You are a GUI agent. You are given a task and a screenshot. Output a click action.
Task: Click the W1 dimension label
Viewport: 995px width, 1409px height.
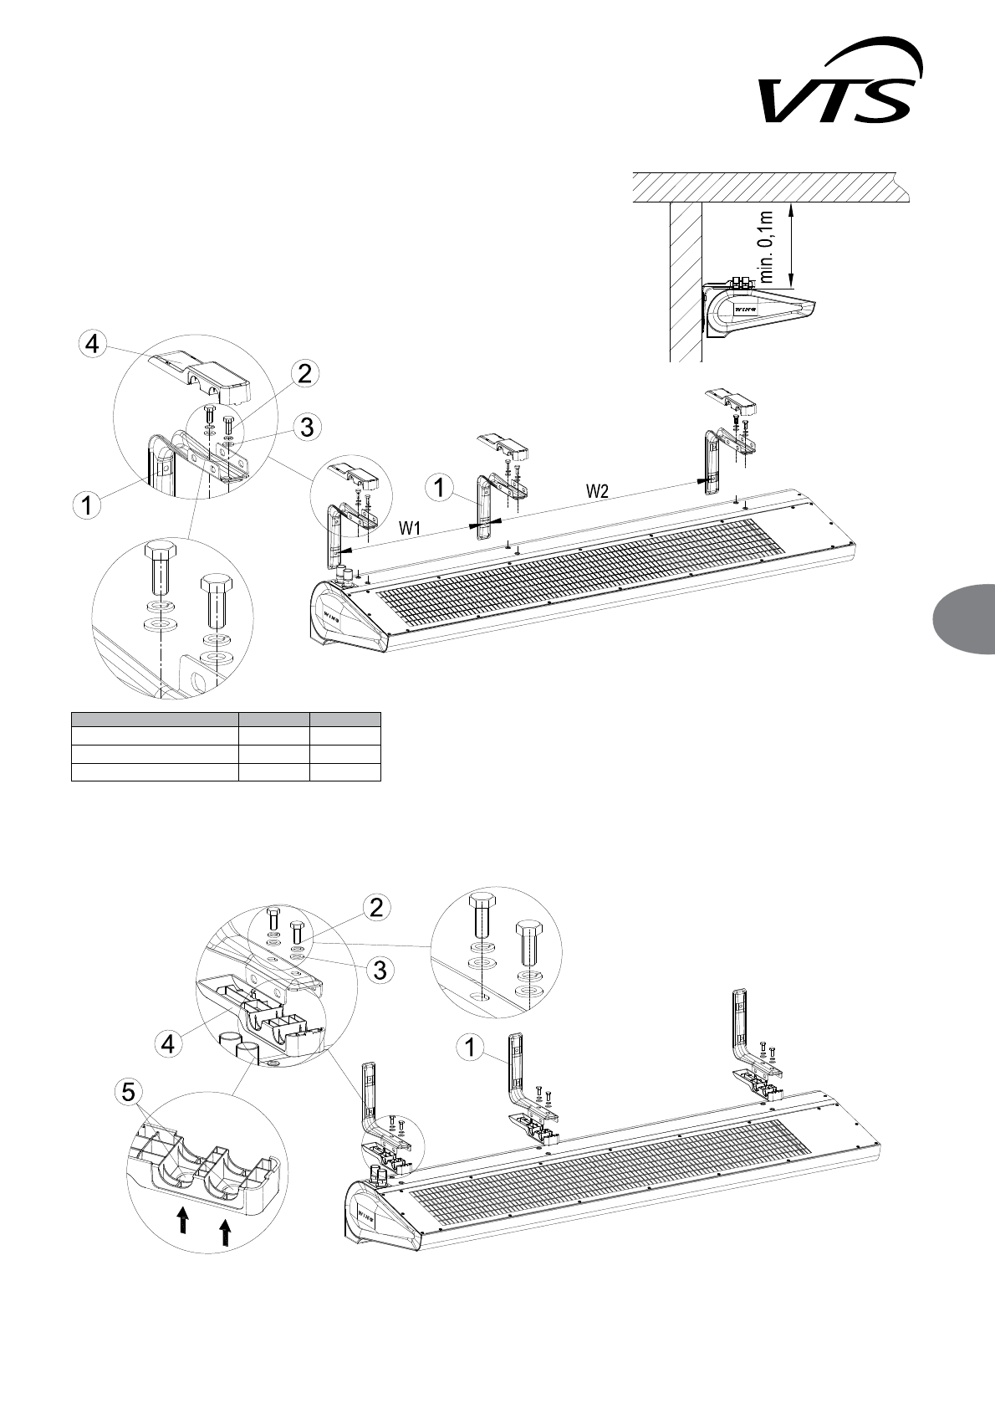(409, 528)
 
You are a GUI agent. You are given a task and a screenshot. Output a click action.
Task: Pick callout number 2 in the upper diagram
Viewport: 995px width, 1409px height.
(305, 374)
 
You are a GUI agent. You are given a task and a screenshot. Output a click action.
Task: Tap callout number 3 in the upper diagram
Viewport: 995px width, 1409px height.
(307, 427)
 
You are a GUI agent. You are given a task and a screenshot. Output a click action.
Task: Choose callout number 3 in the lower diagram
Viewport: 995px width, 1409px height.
(379, 970)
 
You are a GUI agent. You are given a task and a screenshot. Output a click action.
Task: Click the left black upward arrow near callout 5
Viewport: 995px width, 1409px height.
(184, 1221)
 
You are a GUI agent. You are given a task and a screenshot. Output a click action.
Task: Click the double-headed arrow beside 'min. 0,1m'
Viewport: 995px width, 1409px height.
(792, 243)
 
